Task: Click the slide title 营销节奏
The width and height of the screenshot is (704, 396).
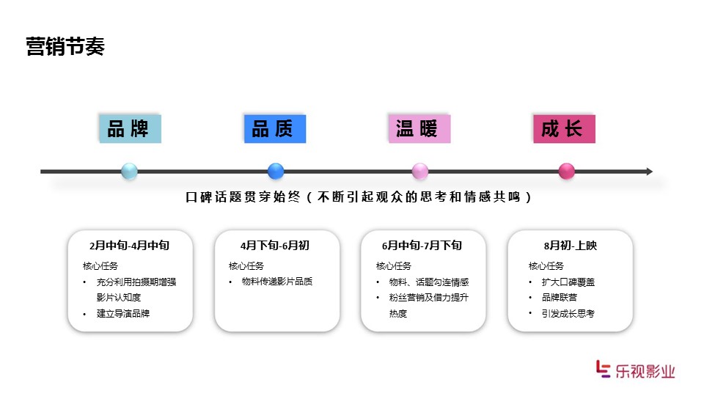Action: pos(65,47)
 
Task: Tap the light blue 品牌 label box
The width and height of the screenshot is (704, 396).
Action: pos(131,129)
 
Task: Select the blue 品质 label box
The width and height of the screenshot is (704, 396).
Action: pos(275,129)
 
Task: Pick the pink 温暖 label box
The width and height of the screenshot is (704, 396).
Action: pos(419,129)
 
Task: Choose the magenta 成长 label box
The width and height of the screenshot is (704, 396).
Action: pos(565,129)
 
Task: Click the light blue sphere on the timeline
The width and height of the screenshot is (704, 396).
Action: pos(129,171)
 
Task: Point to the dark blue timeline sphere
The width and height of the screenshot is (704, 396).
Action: pos(276,171)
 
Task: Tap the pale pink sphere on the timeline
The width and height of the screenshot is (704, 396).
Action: pos(419,171)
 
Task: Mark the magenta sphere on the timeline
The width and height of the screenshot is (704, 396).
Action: pos(567,171)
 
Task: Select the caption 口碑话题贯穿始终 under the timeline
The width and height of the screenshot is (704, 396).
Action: pos(243,197)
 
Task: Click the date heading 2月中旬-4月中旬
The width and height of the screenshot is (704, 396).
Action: pos(129,246)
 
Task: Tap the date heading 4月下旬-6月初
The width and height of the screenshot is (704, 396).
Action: pos(275,246)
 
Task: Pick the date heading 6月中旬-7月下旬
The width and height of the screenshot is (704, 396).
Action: pos(422,246)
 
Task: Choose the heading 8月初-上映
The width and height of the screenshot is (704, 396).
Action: pos(571,246)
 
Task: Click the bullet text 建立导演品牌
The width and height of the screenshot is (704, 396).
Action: pos(123,313)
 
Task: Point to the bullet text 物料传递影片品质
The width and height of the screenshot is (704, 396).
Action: pos(277,282)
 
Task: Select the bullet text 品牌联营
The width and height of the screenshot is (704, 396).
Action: pos(560,297)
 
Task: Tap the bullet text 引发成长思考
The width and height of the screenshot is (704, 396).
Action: pos(568,313)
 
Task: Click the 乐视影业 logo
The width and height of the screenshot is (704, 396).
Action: pos(636,370)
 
